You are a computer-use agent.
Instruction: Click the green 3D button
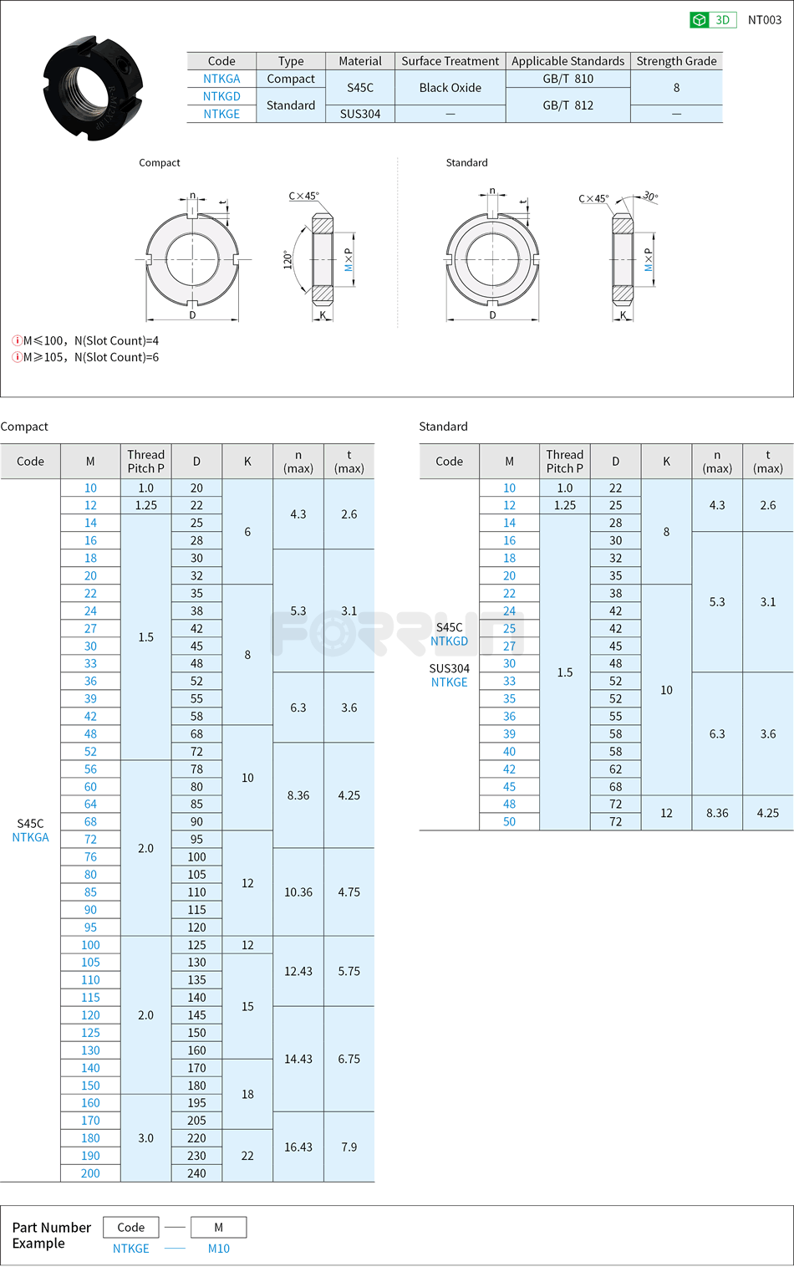pyautogui.click(x=712, y=20)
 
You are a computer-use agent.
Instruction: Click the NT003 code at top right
pyautogui.click(x=764, y=20)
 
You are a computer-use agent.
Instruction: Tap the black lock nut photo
pyautogui.click(x=93, y=88)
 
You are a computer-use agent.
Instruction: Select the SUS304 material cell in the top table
pyautogui.click(x=359, y=114)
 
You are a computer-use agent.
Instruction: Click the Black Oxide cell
pyautogui.click(x=450, y=88)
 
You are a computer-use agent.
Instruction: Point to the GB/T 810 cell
pyautogui.click(x=568, y=79)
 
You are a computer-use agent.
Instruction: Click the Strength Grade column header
pyautogui.click(x=676, y=61)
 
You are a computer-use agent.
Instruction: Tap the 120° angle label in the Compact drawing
pyautogui.click(x=288, y=259)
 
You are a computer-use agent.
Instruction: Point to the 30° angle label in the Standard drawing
pyautogui.click(x=650, y=197)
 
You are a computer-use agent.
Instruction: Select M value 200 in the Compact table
pyautogui.click(x=90, y=1173)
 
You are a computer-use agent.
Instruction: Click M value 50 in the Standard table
pyautogui.click(x=509, y=821)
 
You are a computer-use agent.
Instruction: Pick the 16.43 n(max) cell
pyautogui.click(x=298, y=1147)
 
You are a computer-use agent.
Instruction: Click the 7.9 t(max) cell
pyautogui.click(x=349, y=1147)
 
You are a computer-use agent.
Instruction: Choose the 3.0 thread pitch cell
pyautogui.click(x=145, y=1137)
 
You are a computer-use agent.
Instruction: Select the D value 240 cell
pyautogui.click(x=196, y=1173)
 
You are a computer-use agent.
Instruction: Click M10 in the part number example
pyautogui.click(x=218, y=1249)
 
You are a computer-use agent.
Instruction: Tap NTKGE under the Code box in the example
pyautogui.click(x=131, y=1249)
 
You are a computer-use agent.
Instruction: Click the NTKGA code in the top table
pyautogui.click(x=221, y=79)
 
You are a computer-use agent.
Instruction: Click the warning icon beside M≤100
pyautogui.click(x=17, y=340)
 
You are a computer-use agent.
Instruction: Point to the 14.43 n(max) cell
pyautogui.click(x=298, y=1059)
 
